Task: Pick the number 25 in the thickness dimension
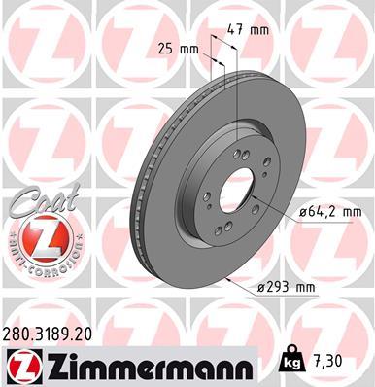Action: click(164, 49)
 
